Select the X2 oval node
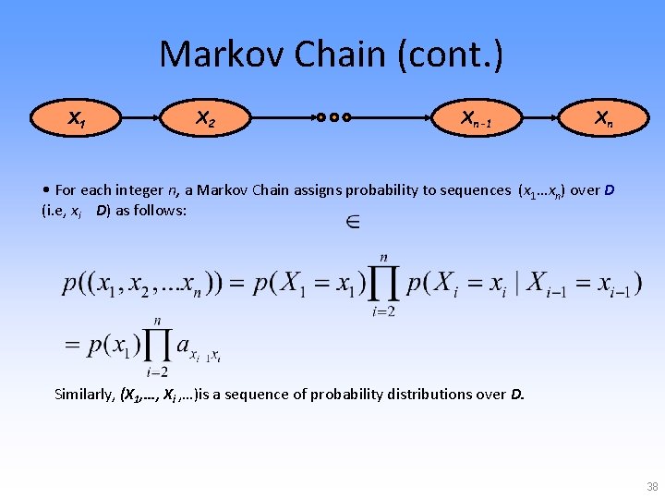pos(205,118)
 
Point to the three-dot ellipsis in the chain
pos(333,118)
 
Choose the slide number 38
pos(652,487)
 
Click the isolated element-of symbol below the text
pos(351,223)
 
